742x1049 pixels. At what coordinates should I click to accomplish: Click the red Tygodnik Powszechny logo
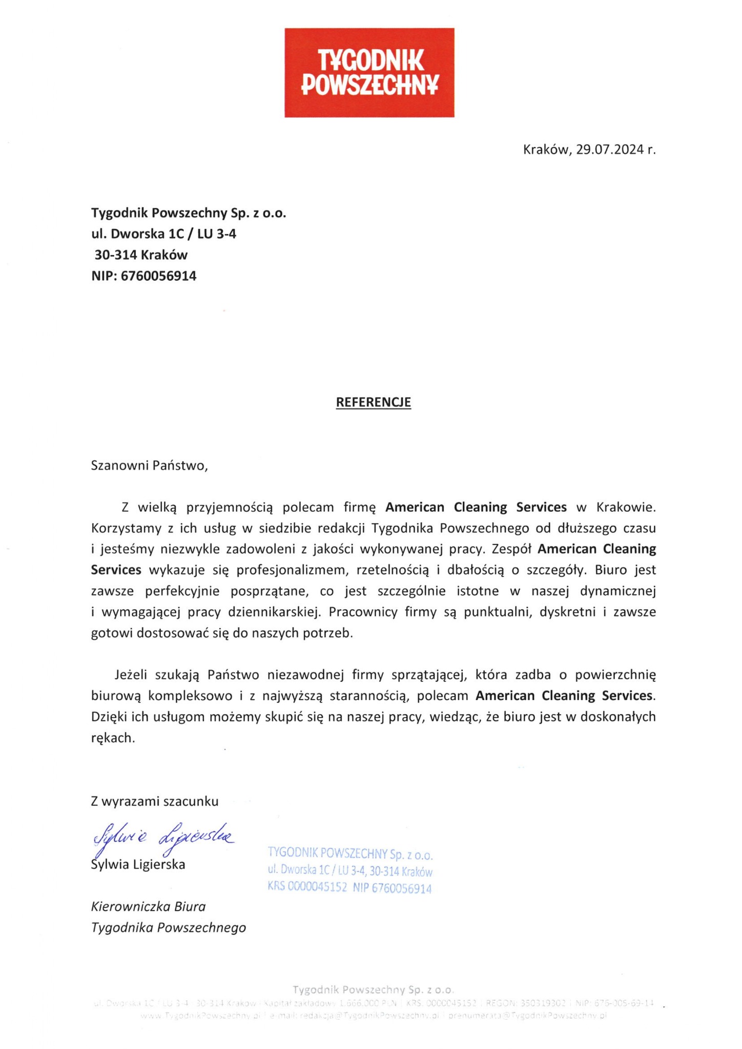369,72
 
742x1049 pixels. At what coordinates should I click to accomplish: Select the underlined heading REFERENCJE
373,402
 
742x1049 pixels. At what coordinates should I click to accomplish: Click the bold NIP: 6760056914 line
143,276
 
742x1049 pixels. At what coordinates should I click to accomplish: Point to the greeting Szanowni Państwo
149,466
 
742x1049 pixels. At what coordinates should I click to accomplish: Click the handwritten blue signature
161,836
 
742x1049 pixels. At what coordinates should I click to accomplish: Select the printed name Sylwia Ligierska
138,865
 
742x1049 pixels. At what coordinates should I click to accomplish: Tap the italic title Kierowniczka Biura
148,906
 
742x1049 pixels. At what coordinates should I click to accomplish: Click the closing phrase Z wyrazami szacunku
154,801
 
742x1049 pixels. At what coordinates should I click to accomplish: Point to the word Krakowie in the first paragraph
626,507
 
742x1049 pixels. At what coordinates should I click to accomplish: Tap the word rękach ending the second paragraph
113,738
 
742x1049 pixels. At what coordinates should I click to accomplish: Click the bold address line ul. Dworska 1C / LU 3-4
163,234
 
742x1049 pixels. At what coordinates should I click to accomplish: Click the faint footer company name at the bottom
373,989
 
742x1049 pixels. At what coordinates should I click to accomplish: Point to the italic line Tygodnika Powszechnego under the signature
168,927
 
